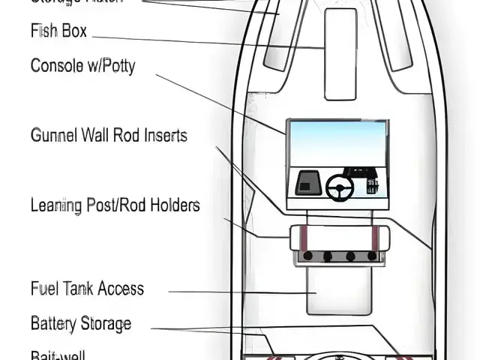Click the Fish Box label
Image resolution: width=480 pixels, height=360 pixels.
click(x=58, y=31)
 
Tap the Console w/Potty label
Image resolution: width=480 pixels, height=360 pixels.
click(x=82, y=66)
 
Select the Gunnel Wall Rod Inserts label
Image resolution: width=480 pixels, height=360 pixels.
click(x=109, y=136)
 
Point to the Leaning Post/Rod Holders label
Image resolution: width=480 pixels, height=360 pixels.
click(x=115, y=204)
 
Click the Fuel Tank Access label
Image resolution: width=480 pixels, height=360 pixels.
click(x=87, y=289)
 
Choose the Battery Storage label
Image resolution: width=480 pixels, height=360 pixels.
click(x=81, y=324)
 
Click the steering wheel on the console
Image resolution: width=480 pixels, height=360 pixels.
click(x=340, y=187)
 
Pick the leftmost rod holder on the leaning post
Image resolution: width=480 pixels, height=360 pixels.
click(x=307, y=256)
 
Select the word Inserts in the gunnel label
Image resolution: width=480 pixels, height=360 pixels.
click(x=163, y=136)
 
